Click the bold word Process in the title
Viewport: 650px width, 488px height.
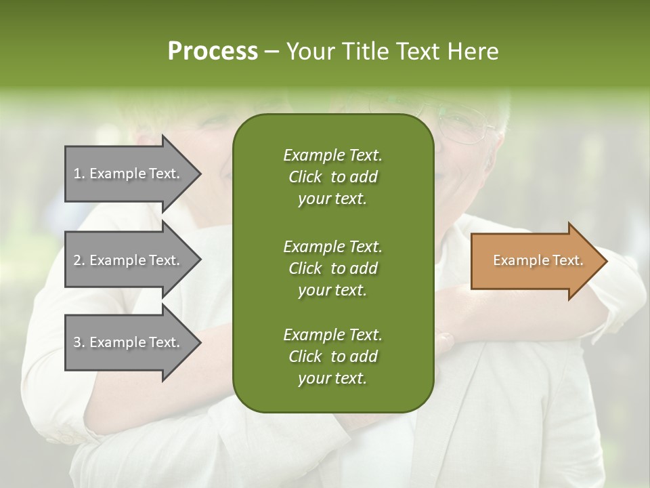tap(213, 51)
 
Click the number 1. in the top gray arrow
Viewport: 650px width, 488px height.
tap(79, 174)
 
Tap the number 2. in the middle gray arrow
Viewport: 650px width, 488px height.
tap(79, 260)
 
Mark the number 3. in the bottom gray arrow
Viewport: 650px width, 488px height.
tap(79, 342)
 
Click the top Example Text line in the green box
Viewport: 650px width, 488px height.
tap(332, 155)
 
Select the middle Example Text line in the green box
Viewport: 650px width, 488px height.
tap(332, 246)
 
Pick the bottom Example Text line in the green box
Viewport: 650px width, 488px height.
tap(332, 335)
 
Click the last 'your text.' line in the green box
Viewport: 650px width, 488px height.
tap(332, 379)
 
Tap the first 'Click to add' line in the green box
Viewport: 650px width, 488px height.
tap(332, 177)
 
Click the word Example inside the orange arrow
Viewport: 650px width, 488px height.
tap(517, 260)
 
